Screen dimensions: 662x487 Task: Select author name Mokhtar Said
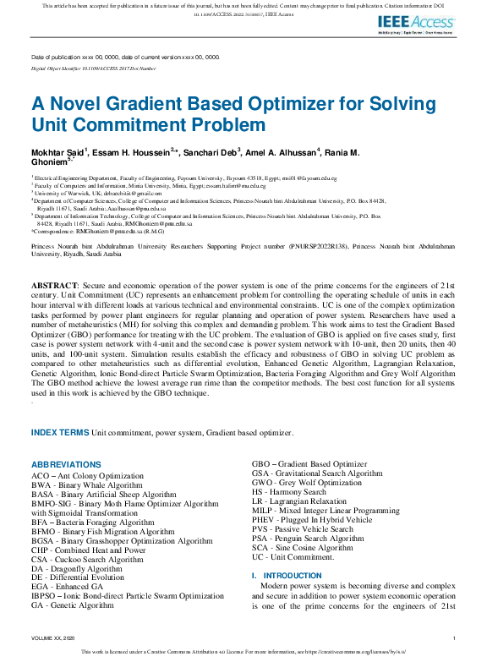(x=57, y=151)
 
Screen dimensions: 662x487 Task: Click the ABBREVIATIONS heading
(x=66, y=465)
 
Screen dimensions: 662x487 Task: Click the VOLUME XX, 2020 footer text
(x=53, y=637)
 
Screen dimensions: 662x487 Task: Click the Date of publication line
(x=125, y=57)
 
